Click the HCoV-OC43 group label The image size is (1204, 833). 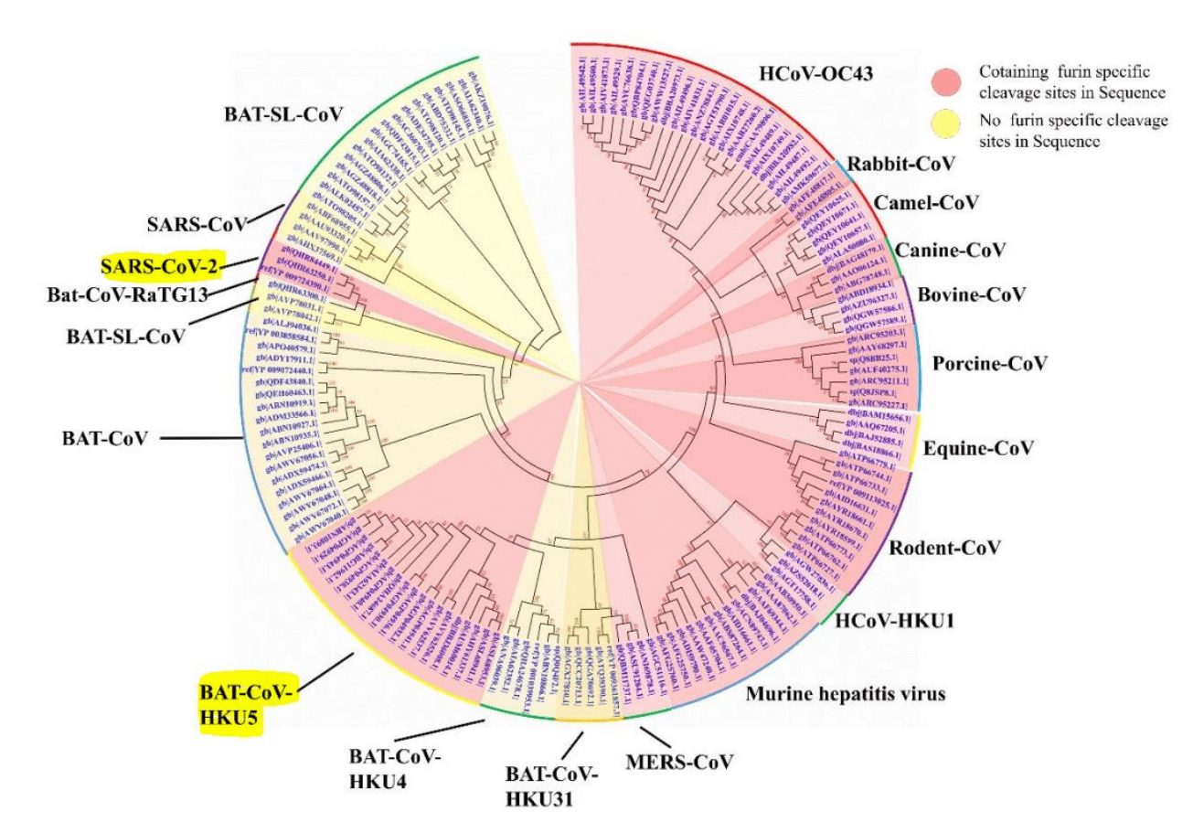(816, 72)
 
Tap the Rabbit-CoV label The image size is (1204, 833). (900, 165)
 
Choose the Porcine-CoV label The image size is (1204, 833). (989, 364)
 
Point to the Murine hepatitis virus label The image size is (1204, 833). (846, 694)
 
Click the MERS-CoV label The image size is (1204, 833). (692, 761)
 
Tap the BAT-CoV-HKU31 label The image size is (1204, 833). (552, 786)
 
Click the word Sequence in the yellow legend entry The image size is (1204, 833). (1065, 142)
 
